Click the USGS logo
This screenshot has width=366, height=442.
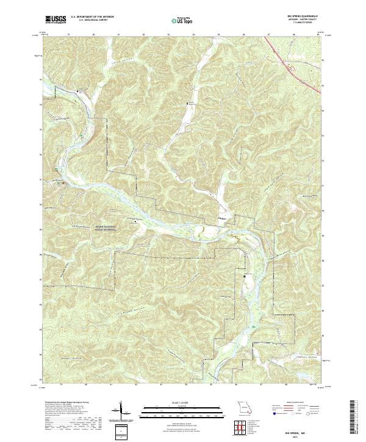coord(56,20)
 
